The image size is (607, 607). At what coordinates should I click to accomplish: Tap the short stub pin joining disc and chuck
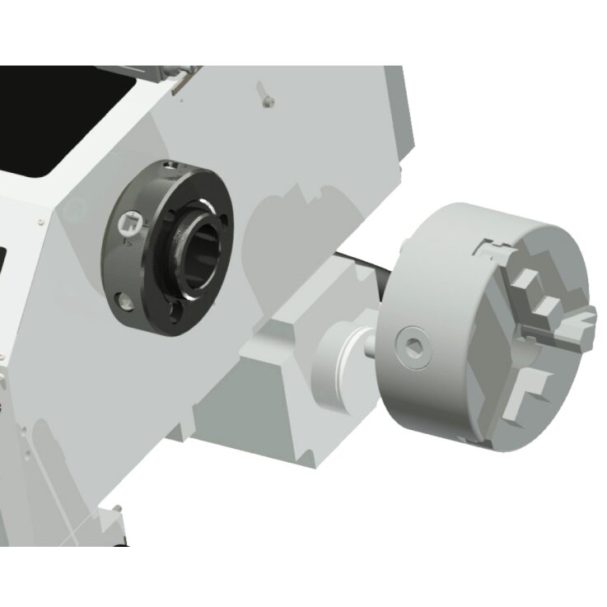tap(366, 346)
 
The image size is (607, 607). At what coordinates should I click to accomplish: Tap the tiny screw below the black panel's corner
tap(38, 220)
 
